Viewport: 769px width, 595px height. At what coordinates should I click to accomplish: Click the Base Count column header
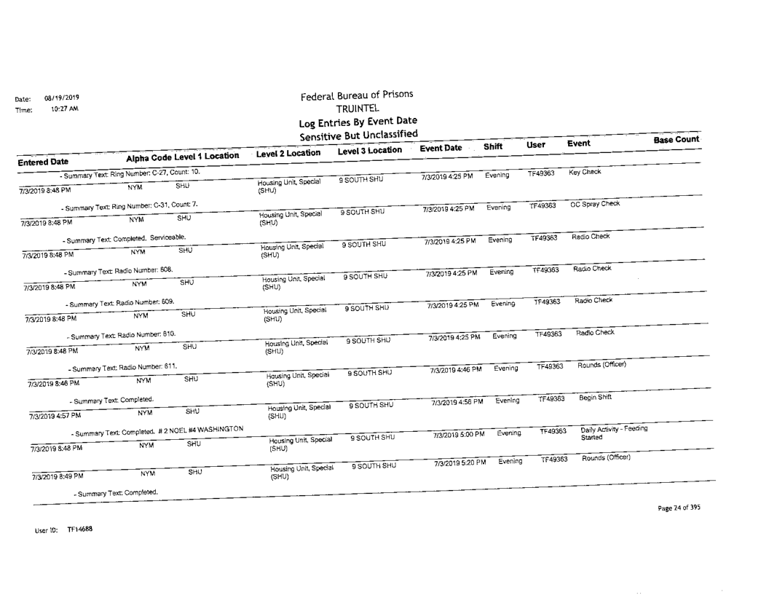coord(676,139)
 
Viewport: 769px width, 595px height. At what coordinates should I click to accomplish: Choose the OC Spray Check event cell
coord(596,204)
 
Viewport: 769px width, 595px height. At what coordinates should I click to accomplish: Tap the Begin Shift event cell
coord(593,398)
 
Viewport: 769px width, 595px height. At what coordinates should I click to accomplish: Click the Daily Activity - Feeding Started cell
coord(612,433)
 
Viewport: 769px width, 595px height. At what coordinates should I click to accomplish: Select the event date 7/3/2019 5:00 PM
coord(459,435)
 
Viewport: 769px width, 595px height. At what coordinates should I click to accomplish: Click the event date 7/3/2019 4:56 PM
coord(457,403)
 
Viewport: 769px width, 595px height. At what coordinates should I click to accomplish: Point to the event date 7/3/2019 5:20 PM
coord(459,463)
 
